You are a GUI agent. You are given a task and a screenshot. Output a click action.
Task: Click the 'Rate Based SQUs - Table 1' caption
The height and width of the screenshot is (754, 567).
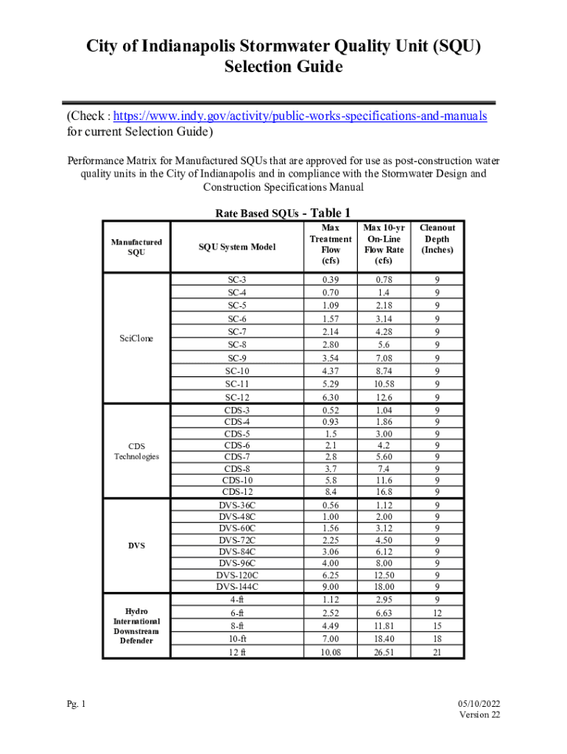(x=283, y=214)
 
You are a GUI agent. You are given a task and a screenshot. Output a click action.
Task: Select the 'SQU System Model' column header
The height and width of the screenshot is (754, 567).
(x=237, y=247)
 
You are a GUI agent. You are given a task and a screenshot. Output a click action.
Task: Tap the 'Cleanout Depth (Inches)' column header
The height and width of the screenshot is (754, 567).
(x=437, y=239)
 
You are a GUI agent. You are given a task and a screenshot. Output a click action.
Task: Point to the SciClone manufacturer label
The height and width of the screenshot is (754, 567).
(x=136, y=338)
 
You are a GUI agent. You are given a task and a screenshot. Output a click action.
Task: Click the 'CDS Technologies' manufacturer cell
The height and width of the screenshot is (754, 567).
(x=136, y=451)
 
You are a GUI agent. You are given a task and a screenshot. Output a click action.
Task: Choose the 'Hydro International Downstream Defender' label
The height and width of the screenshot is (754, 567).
(x=136, y=626)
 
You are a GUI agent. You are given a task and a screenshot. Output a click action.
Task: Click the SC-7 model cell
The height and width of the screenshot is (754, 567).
(x=237, y=332)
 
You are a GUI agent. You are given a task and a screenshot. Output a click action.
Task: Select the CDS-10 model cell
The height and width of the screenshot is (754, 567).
(x=237, y=480)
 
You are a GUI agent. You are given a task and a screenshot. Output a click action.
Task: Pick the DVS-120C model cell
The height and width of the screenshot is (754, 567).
(x=237, y=574)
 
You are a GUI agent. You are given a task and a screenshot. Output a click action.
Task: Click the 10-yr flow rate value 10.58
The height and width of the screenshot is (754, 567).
(x=384, y=384)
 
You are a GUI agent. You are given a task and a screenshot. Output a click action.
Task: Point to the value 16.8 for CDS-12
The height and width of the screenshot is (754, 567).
(x=384, y=492)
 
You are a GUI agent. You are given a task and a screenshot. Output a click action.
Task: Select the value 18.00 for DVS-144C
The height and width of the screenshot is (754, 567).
(x=384, y=587)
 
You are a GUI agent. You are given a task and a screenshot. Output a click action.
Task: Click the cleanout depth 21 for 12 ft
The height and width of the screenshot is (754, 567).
(x=437, y=652)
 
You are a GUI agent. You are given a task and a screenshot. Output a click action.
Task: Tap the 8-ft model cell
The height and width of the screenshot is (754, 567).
(x=237, y=625)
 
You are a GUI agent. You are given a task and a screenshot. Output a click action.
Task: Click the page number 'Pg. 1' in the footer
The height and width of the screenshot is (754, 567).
(x=74, y=705)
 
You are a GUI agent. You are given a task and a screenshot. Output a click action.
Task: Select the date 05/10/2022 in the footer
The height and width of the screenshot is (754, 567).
(x=479, y=705)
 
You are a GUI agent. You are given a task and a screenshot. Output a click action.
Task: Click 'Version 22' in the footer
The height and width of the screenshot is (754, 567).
(x=480, y=715)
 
